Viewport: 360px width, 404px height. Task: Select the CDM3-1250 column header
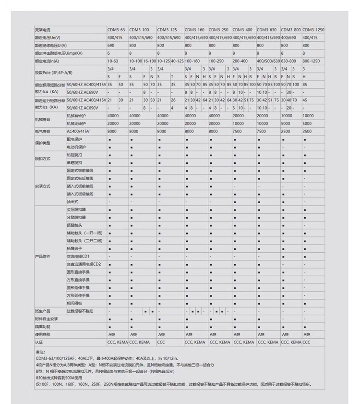click(313, 30)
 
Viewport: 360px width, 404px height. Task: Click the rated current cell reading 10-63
click(113, 61)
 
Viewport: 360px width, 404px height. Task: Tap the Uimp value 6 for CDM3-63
click(109, 53)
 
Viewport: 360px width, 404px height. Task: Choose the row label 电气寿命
click(43, 131)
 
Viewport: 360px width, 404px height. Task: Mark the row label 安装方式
click(43, 186)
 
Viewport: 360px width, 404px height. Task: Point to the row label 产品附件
click(43, 257)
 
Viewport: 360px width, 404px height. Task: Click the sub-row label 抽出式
click(72, 202)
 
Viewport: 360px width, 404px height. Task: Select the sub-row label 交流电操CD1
click(78, 257)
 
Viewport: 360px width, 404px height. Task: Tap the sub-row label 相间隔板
click(74, 304)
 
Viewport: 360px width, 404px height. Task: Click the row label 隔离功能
click(43, 327)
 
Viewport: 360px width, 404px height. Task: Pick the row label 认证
click(38, 342)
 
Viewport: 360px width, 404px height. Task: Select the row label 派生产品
click(43, 311)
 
